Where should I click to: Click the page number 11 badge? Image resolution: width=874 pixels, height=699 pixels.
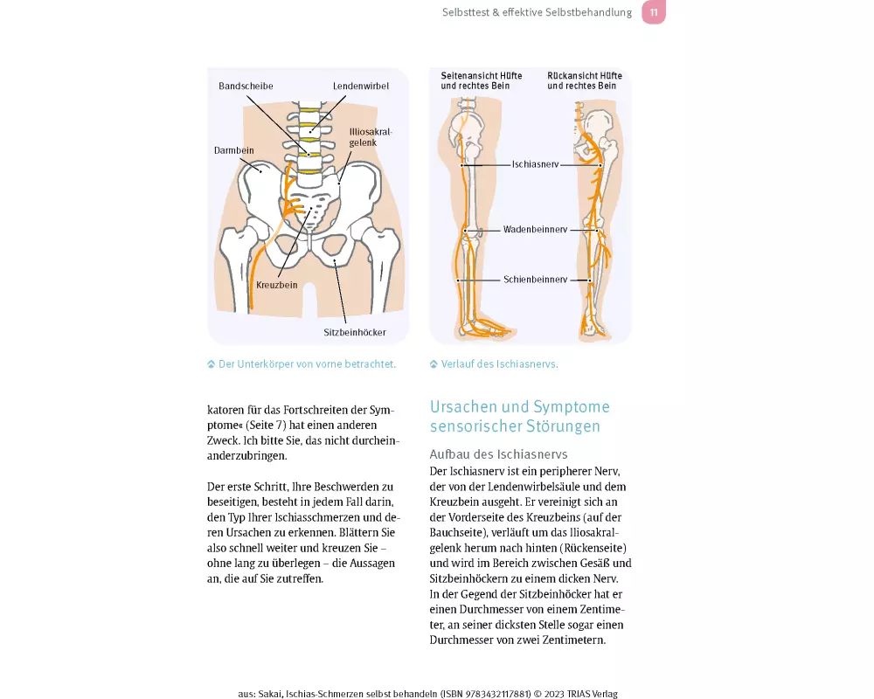(x=653, y=12)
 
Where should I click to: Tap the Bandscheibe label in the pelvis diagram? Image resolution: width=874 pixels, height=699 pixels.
(x=246, y=87)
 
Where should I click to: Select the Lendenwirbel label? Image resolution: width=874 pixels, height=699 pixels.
(x=360, y=87)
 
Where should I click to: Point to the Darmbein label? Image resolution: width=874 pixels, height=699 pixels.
(x=233, y=150)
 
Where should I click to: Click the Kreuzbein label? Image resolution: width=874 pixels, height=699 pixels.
(x=276, y=285)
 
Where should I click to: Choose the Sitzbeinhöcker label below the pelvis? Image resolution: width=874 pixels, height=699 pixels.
(x=355, y=332)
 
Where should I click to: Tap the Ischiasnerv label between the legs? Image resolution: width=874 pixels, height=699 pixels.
(x=536, y=164)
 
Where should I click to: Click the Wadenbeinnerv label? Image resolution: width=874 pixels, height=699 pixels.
(x=535, y=230)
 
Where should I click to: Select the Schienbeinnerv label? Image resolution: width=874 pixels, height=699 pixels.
(x=535, y=280)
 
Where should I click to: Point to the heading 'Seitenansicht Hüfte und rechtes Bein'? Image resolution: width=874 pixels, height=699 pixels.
(x=481, y=81)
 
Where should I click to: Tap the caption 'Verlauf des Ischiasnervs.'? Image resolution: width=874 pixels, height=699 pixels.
(x=499, y=364)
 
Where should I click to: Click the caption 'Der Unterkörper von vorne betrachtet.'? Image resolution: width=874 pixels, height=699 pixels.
(x=307, y=364)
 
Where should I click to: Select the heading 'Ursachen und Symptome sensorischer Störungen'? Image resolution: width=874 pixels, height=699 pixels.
(x=519, y=417)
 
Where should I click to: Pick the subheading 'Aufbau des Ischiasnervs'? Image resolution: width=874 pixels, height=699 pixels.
(x=498, y=454)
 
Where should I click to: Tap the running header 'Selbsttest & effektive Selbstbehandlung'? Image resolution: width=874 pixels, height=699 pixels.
(x=537, y=13)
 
